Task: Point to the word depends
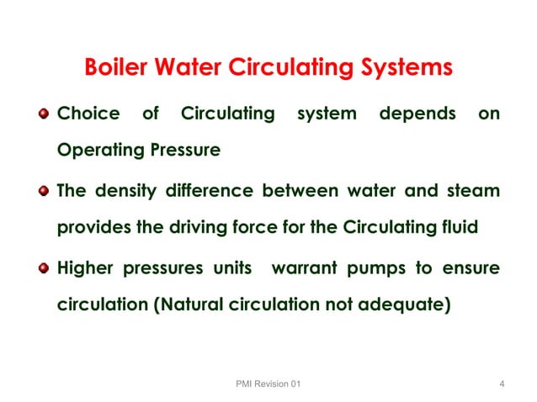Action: click(417, 113)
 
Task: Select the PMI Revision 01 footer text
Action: click(268, 384)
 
